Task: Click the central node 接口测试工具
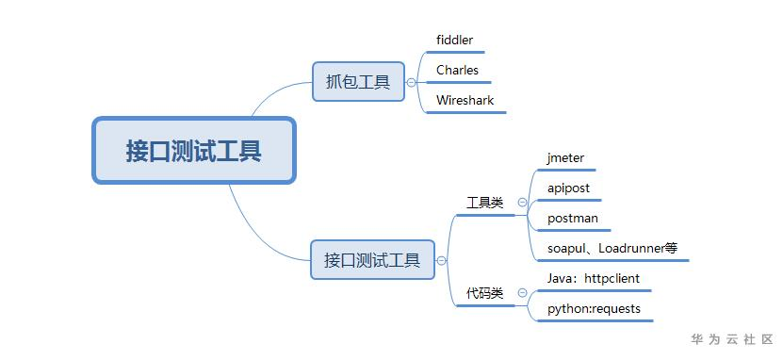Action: click(194, 151)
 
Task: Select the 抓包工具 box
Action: click(357, 82)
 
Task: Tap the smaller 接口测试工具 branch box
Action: click(372, 259)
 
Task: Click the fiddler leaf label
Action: click(455, 41)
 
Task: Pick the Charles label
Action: click(457, 70)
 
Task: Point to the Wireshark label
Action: click(465, 100)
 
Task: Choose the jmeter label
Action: click(565, 157)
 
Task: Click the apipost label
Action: click(568, 188)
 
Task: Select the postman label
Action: click(572, 218)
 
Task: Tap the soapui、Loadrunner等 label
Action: click(612, 249)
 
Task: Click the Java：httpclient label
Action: click(593, 278)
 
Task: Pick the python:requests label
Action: click(594, 308)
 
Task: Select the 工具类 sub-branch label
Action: click(485, 203)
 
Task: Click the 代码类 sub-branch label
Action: click(485, 293)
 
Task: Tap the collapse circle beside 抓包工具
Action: click(411, 82)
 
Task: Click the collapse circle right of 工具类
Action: click(521, 203)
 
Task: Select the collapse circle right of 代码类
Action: click(521, 293)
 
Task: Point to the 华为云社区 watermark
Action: click(732, 338)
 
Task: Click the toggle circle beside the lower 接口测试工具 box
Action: click(441, 260)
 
